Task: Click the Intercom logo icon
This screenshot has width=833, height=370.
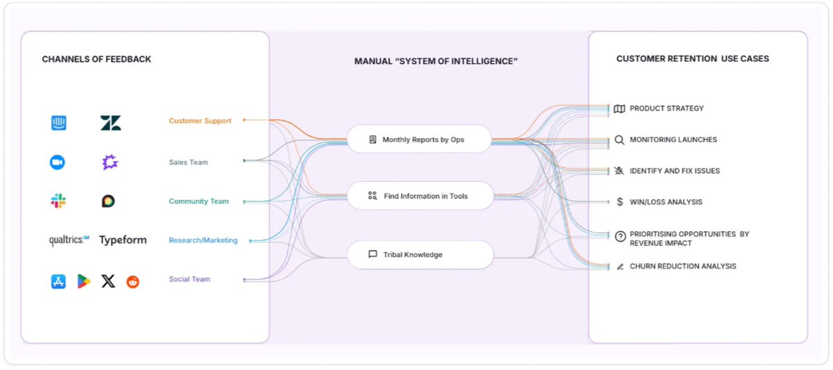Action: point(58,124)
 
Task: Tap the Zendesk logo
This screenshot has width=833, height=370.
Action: point(110,124)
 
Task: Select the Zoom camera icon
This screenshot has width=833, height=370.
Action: point(57,162)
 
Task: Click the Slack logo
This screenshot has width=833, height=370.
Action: point(58,201)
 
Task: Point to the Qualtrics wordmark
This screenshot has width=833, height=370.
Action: point(69,240)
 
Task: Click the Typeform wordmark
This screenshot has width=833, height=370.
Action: point(123,240)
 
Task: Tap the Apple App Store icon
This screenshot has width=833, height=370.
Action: point(58,282)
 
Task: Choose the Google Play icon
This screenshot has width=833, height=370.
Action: point(84,282)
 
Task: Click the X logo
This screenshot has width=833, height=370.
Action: point(108,282)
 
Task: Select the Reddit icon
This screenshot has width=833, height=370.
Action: point(133,282)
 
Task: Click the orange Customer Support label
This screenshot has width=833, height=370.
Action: point(200,121)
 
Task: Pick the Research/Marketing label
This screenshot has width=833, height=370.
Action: point(203,240)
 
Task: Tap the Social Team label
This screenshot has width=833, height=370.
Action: point(190,279)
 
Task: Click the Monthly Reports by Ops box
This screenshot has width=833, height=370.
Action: point(420,140)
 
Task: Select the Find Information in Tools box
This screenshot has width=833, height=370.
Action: point(420,196)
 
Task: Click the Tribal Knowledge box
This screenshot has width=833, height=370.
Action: point(420,255)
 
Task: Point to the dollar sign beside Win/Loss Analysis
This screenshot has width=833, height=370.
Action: point(620,202)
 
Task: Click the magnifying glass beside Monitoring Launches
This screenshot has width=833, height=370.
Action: point(620,140)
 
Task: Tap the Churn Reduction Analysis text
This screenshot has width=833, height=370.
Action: point(682,267)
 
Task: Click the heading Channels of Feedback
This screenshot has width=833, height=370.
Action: point(97,59)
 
